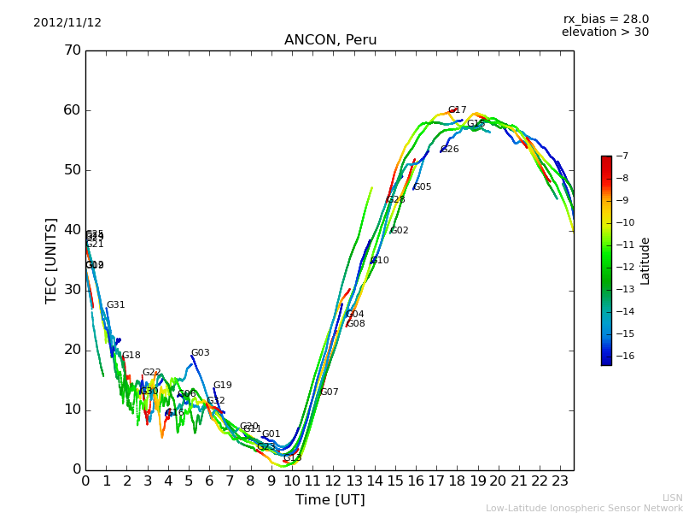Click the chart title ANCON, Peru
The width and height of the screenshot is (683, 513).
[x=330, y=40]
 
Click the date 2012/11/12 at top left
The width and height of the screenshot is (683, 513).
[x=67, y=23]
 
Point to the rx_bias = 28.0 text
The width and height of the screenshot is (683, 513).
[x=605, y=20]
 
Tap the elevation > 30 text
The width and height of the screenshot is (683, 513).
[x=605, y=32]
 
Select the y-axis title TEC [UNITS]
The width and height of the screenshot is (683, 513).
[x=51, y=260]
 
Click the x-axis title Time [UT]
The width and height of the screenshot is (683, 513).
[x=330, y=500]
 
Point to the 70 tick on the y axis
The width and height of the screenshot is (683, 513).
[x=72, y=50]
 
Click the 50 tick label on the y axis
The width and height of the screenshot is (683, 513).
[x=72, y=170]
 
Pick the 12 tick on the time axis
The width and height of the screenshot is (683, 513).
[x=333, y=481]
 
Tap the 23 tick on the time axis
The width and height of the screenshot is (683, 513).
[x=560, y=481]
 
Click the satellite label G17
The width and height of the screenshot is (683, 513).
[x=457, y=110]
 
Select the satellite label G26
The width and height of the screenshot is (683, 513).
[x=449, y=150]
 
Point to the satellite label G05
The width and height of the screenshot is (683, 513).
[x=422, y=187]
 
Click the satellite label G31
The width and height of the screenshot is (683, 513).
[x=115, y=305]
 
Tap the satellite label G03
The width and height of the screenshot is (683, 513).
[x=200, y=353]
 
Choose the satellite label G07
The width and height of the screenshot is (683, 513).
[x=329, y=392]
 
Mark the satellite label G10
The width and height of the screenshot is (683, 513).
[x=379, y=261]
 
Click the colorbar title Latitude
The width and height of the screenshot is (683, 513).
[x=645, y=261]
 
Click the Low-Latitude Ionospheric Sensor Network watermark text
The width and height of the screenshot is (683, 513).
[x=584, y=509]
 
